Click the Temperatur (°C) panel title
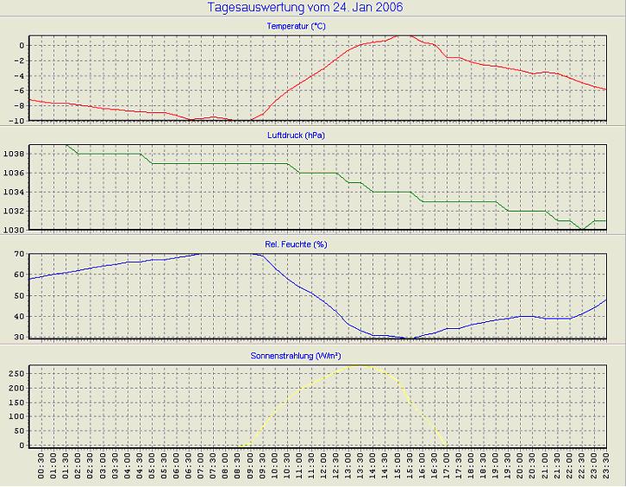(296, 27)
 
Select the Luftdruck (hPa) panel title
(296, 136)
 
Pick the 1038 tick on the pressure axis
(16, 154)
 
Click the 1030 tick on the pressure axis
(16, 230)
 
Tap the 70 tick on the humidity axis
(19, 254)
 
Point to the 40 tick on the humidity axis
(19, 317)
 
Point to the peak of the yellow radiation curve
(362, 365)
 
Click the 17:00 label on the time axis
(448, 471)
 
